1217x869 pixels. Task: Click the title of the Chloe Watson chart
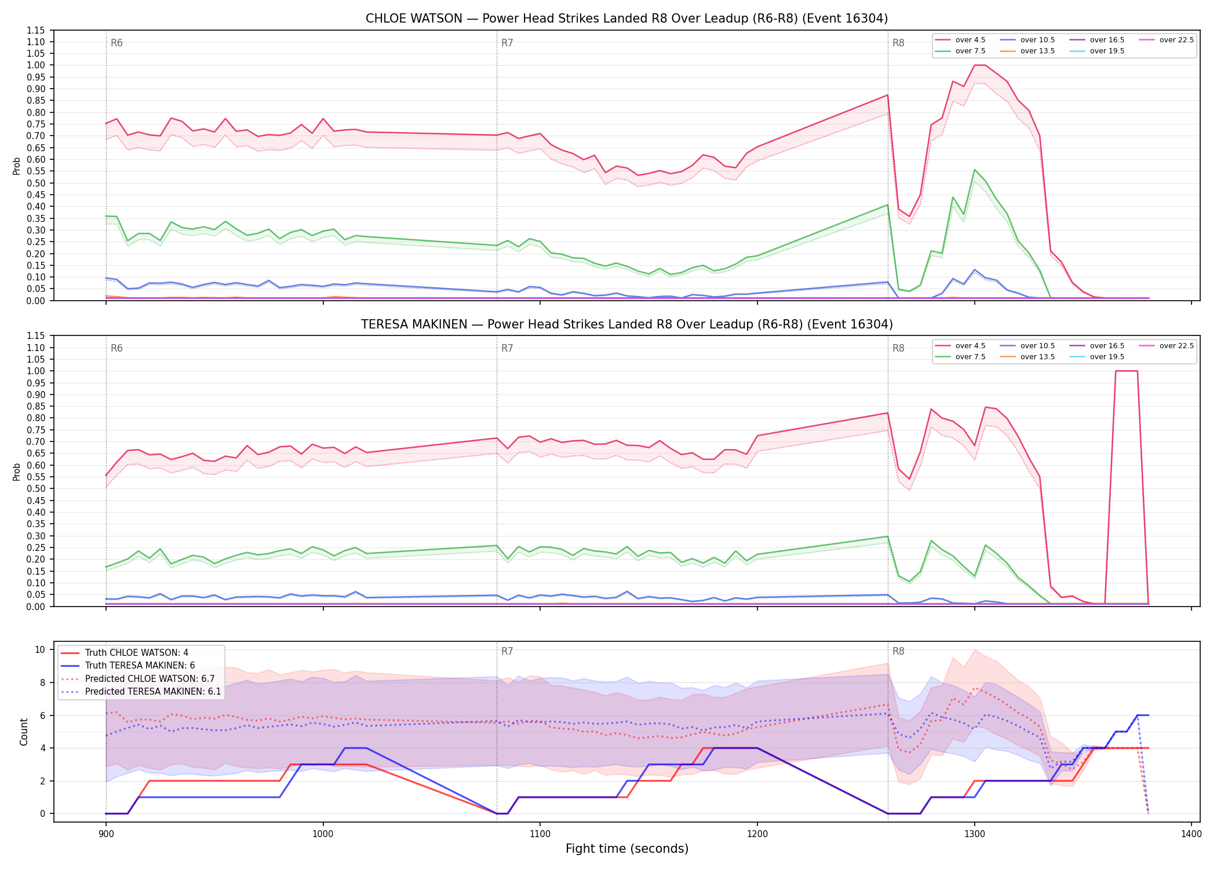(626, 19)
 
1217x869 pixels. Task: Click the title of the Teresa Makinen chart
(626, 324)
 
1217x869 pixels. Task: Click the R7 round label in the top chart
(507, 43)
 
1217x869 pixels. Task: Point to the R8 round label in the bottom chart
(898, 651)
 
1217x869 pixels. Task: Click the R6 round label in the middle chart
(116, 348)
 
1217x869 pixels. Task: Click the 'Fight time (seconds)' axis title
(627, 849)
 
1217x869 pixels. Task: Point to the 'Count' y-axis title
(24, 732)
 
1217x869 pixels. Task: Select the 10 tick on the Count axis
(40, 649)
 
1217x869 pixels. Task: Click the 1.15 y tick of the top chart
(36, 30)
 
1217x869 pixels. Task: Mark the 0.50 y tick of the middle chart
(36, 488)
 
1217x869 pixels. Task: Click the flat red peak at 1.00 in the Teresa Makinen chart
(1126, 371)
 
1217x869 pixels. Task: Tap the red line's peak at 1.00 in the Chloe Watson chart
(979, 65)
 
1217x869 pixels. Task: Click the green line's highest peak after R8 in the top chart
(974, 170)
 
